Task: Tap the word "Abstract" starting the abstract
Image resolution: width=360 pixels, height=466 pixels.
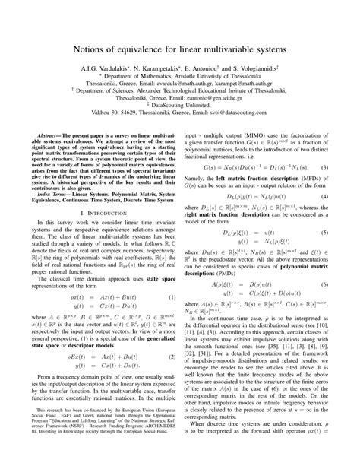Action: click(x=44, y=132)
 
